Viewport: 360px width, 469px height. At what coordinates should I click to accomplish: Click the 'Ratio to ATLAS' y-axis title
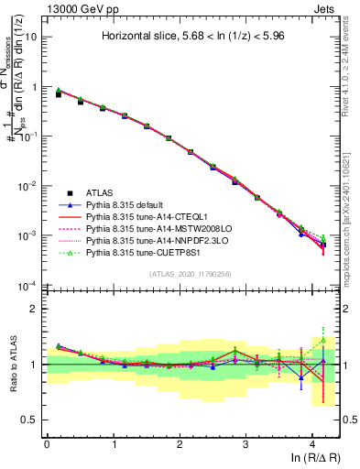point(10,364)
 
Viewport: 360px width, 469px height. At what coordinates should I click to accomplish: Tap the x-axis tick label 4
point(312,443)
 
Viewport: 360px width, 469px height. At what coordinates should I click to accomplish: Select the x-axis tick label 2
point(180,443)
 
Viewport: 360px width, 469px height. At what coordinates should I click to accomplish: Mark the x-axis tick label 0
point(47,443)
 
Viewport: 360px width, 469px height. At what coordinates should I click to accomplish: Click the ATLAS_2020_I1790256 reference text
point(190,274)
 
